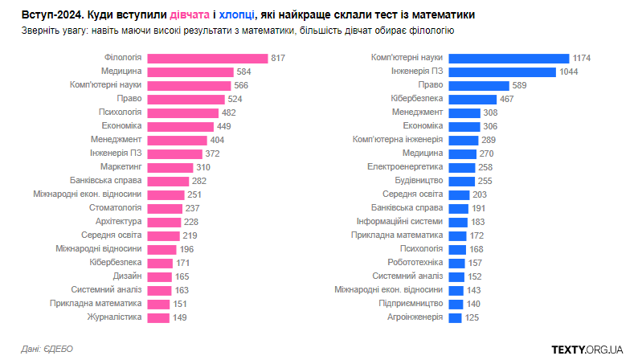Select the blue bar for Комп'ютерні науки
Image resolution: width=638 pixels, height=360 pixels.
[508, 58]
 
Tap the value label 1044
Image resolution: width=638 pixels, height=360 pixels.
[570, 72]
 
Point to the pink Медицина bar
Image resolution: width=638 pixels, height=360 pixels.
[190, 72]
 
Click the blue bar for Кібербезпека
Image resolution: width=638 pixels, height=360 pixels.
[472, 99]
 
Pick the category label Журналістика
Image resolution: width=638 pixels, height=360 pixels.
[114, 317]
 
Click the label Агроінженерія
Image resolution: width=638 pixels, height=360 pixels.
[415, 317]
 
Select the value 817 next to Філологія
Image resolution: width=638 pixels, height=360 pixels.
[279, 58]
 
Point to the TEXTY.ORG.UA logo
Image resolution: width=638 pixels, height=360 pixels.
[587, 349]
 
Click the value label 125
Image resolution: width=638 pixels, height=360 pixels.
[472, 317]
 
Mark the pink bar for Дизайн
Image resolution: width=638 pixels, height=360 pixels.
[159, 276]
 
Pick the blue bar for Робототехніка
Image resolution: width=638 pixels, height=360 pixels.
[456, 263]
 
